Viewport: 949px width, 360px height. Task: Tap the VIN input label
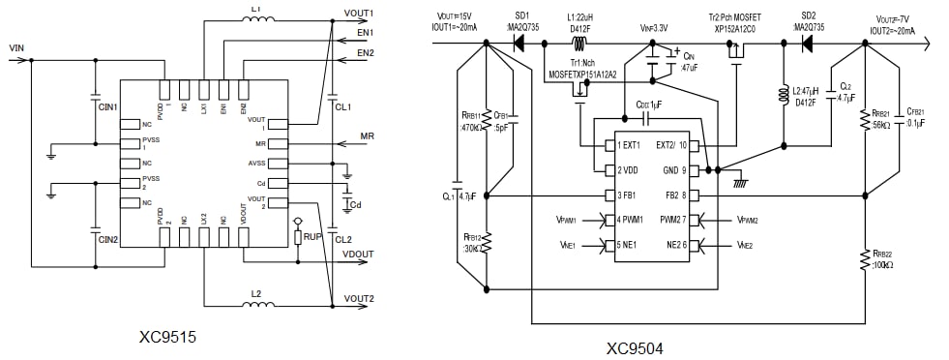click(x=16, y=46)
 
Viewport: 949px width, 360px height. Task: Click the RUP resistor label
click(x=312, y=235)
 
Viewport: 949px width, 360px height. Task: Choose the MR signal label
click(x=367, y=135)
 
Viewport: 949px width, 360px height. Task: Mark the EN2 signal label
click(x=365, y=52)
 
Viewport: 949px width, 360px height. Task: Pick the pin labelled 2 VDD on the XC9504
click(x=621, y=170)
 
